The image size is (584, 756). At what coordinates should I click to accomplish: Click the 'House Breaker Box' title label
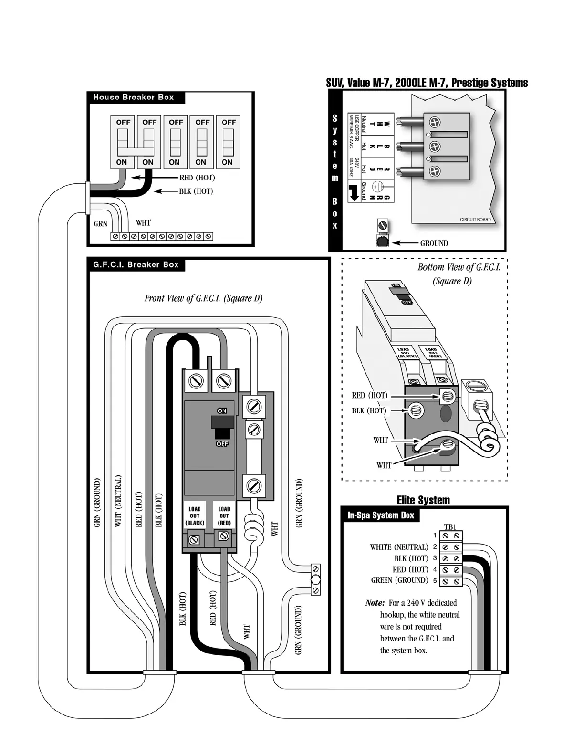[x=134, y=97]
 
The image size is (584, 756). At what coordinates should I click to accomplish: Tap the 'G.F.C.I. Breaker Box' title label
[x=136, y=264]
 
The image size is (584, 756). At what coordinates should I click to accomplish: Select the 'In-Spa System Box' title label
[x=381, y=515]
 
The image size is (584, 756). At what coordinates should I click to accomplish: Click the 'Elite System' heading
[x=423, y=500]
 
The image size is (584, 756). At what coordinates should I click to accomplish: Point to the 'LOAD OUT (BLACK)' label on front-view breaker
[x=195, y=516]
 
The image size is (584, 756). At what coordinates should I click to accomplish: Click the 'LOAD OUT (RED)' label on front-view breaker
[x=224, y=516]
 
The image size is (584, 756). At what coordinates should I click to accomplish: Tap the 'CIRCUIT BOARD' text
[x=475, y=220]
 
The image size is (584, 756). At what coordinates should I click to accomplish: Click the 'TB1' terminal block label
[x=450, y=527]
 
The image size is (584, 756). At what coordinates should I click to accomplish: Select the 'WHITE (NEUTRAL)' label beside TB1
[x=399, y=547]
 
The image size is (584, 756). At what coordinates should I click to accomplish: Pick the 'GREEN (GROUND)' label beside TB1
[x=399, y=580]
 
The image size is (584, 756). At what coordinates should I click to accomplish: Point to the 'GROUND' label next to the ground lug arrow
[x=434, y=243]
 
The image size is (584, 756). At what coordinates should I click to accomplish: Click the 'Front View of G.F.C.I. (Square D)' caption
[x=204, y=299]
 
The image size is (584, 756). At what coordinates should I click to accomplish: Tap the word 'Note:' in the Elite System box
[x=375, y=603]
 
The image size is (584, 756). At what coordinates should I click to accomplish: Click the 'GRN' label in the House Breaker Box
[x=101, y=223]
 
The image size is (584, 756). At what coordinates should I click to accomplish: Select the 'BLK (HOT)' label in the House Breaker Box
[x=196, y=191]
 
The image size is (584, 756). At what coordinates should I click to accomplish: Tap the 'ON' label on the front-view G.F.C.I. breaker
[x=222, y=410]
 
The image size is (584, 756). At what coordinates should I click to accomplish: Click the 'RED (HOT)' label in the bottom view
[x=369, y=395]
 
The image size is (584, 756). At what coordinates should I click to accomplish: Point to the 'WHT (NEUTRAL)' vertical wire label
[x=119, y=501]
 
